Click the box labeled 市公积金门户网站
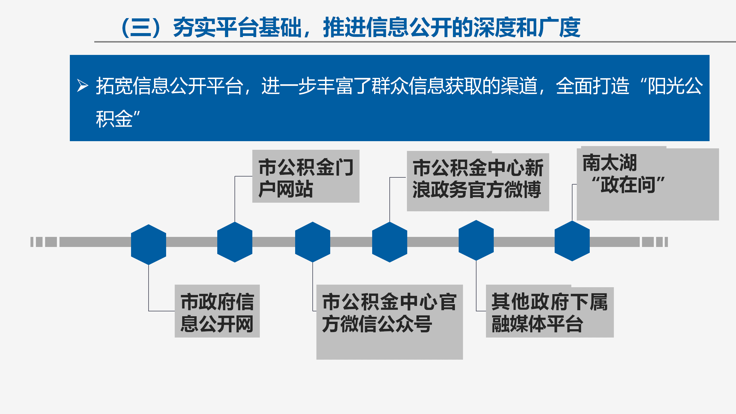tap(306, 176)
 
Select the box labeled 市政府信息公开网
tap(217, 311)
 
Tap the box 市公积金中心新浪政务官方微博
tap(478, 181)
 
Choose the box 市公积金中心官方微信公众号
tap(390, 322)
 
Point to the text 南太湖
tap(610, 163)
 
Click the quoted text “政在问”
tap(628, 185)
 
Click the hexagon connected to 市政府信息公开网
tap(149, 245)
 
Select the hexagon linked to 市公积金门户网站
tap(235, 242)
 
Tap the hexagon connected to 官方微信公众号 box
tap(313, 242)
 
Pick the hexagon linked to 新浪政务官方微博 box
tap(390, 242)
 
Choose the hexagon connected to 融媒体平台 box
tap(476, 240)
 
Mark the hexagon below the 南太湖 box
tap(572, 241)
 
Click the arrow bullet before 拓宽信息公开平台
tap(82, 85)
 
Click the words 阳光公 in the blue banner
tap(675, 86)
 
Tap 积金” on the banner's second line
tap(118, 119)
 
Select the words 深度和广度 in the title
tap(527, 28)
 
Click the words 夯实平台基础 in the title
tap(237, 28)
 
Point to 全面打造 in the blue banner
tap(593, 86)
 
